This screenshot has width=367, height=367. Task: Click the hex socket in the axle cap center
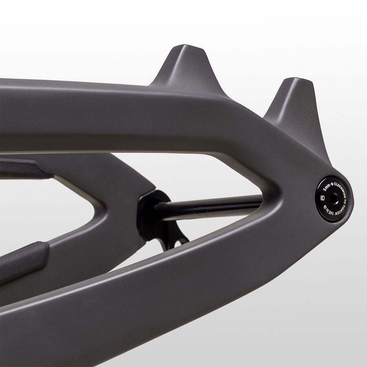(x=334, y=199)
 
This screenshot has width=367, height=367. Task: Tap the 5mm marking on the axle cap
(x=325, y=188)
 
